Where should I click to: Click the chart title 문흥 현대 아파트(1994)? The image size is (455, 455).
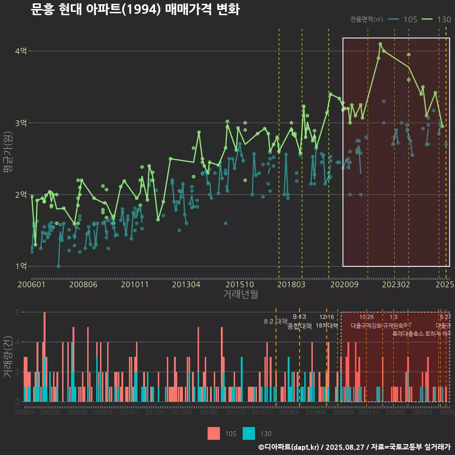135,9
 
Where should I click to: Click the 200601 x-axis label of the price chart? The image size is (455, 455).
31,284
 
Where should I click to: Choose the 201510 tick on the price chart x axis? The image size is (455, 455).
238,284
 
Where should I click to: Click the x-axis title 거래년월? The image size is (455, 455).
240,294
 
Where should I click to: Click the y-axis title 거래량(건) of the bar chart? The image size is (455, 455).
8,356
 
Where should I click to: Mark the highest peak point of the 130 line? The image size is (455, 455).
380,44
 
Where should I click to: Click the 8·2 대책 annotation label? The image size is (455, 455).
276,321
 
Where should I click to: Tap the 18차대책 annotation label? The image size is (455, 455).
327,326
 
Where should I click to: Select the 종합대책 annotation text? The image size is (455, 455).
300,326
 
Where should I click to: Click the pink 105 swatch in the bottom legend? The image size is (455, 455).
214,434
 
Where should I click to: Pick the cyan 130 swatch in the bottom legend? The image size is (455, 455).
249,434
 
